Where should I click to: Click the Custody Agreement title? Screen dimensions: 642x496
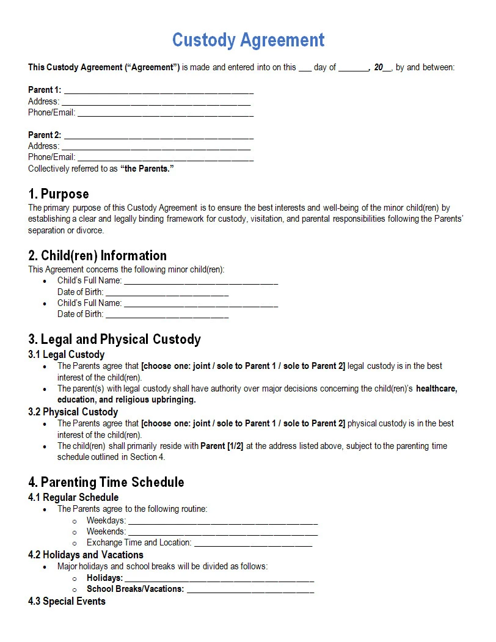pos(248,40)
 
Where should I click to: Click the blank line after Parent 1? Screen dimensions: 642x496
pos(158,90)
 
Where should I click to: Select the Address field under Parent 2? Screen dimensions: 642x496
pos(156,146)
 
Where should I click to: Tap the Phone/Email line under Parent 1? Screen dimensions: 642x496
pos(165,113)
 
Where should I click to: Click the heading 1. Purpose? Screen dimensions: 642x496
pos(59,194)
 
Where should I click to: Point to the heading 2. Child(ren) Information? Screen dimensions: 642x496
pos(97,255)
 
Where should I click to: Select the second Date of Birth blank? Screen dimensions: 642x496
pos(167,315)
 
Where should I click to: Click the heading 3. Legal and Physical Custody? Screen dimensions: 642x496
pos(114,339)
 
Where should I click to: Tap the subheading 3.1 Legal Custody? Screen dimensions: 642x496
pos(66,354)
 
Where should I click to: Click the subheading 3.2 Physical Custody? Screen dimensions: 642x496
pos(73,412)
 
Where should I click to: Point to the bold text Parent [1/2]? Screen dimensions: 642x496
pos(222,446)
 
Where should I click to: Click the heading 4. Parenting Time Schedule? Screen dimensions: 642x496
pos(106,482)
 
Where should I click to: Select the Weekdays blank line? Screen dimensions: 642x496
pos(222,521)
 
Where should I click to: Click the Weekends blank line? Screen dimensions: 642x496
pos(222,532)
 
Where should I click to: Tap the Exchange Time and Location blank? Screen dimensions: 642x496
pos(252,543)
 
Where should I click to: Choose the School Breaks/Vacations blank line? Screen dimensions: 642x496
pos(250,589)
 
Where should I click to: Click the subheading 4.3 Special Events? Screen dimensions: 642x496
pos(67,602)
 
